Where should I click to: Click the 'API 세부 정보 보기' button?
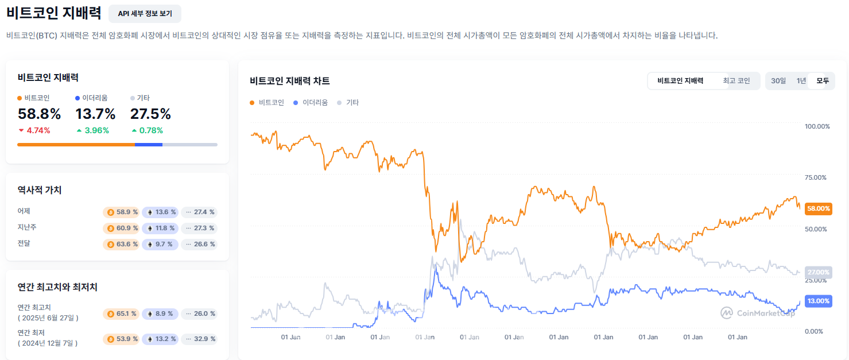(145, 14)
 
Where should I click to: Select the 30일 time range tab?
(778, 81)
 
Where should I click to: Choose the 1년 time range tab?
(801, 81)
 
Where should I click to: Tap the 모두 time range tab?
(823, 81)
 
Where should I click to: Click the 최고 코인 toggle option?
(736, 81)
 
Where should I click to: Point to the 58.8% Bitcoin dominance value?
(39, 114)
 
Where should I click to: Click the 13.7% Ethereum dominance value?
(95, 114)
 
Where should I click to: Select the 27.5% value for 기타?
(150, 114)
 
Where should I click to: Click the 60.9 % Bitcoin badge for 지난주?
(122, 228)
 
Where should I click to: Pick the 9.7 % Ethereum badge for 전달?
(160, 244)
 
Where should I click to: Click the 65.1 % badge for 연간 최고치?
(122, 313)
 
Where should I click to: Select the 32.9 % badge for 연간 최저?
(199, 339)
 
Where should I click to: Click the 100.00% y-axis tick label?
(817, 126)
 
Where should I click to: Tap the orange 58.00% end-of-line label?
(819, 209)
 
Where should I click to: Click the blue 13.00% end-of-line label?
(819, 301)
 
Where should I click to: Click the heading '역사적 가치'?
(40, 190)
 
